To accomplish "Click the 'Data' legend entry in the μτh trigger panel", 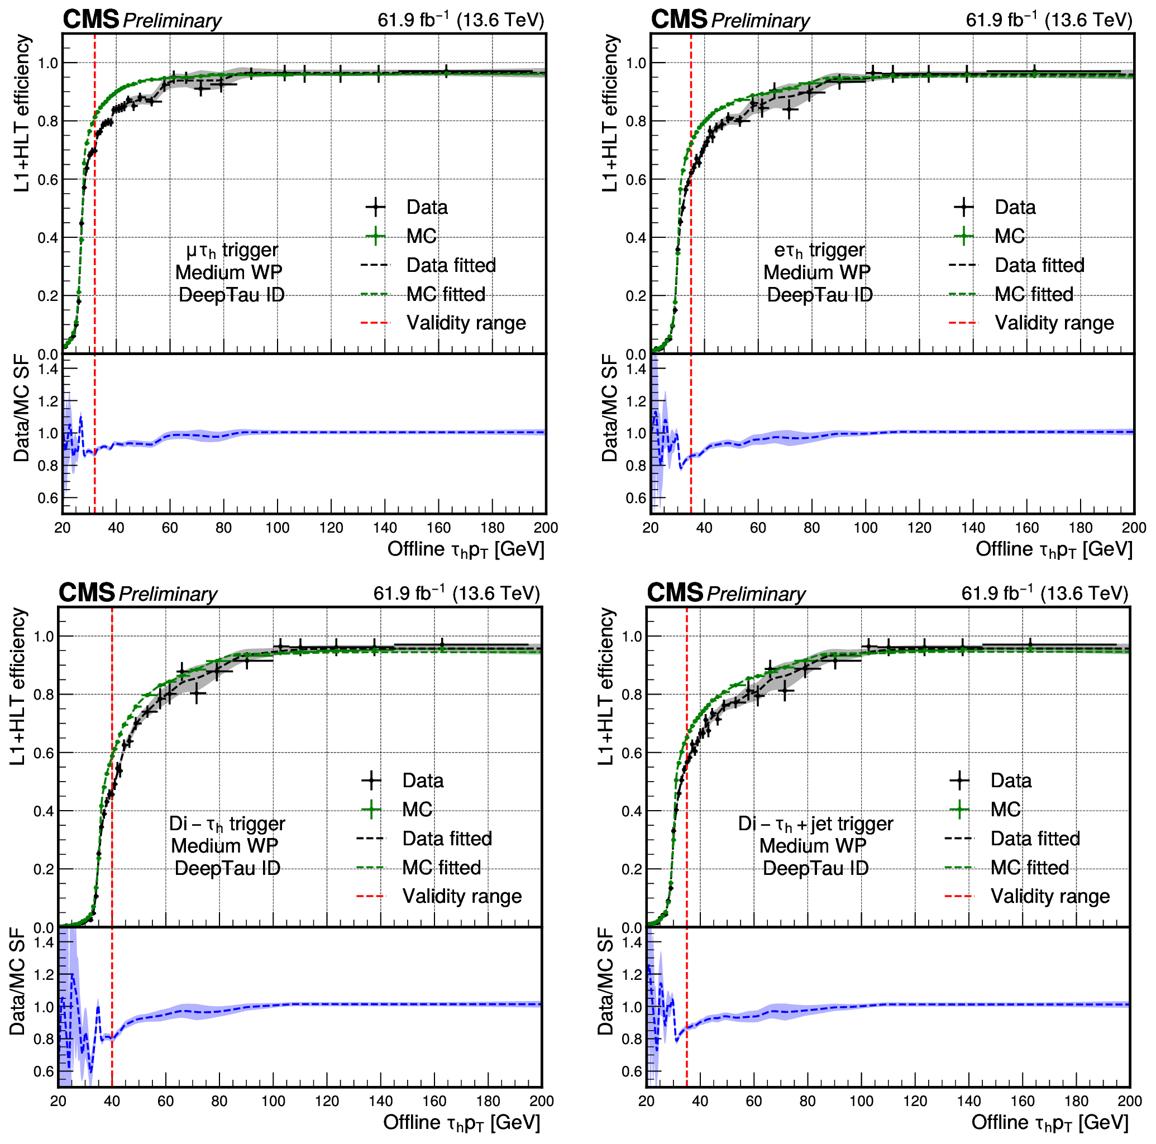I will (426, 208).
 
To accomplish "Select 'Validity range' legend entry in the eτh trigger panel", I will (1054, 323).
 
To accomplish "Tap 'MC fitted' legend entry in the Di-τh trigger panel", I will (441, 868).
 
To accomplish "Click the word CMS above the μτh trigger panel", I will (91, 20).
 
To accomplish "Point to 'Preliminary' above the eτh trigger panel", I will (760, 21).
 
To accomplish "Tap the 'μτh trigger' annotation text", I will (232, 250).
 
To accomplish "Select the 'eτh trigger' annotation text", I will (819, 250).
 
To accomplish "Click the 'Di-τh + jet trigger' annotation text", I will (815, 824).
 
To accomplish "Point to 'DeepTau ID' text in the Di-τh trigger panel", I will (227, 868).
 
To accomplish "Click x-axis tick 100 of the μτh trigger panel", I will (277, 528).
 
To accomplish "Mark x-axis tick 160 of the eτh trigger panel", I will (1027, 528).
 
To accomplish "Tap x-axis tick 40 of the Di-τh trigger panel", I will (112, 1102).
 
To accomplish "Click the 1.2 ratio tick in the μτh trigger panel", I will (49, 401).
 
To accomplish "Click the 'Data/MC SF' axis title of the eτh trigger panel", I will (609, 408).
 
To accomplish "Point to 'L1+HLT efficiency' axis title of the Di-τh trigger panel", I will (18, 686).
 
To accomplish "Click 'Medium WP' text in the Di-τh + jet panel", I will (812, 846).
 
